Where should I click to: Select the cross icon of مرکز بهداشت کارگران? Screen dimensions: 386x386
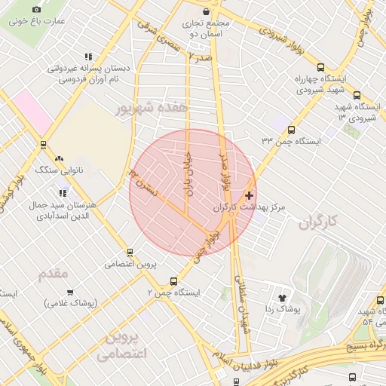point(250,195)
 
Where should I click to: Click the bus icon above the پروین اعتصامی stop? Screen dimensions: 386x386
point(130,253)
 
